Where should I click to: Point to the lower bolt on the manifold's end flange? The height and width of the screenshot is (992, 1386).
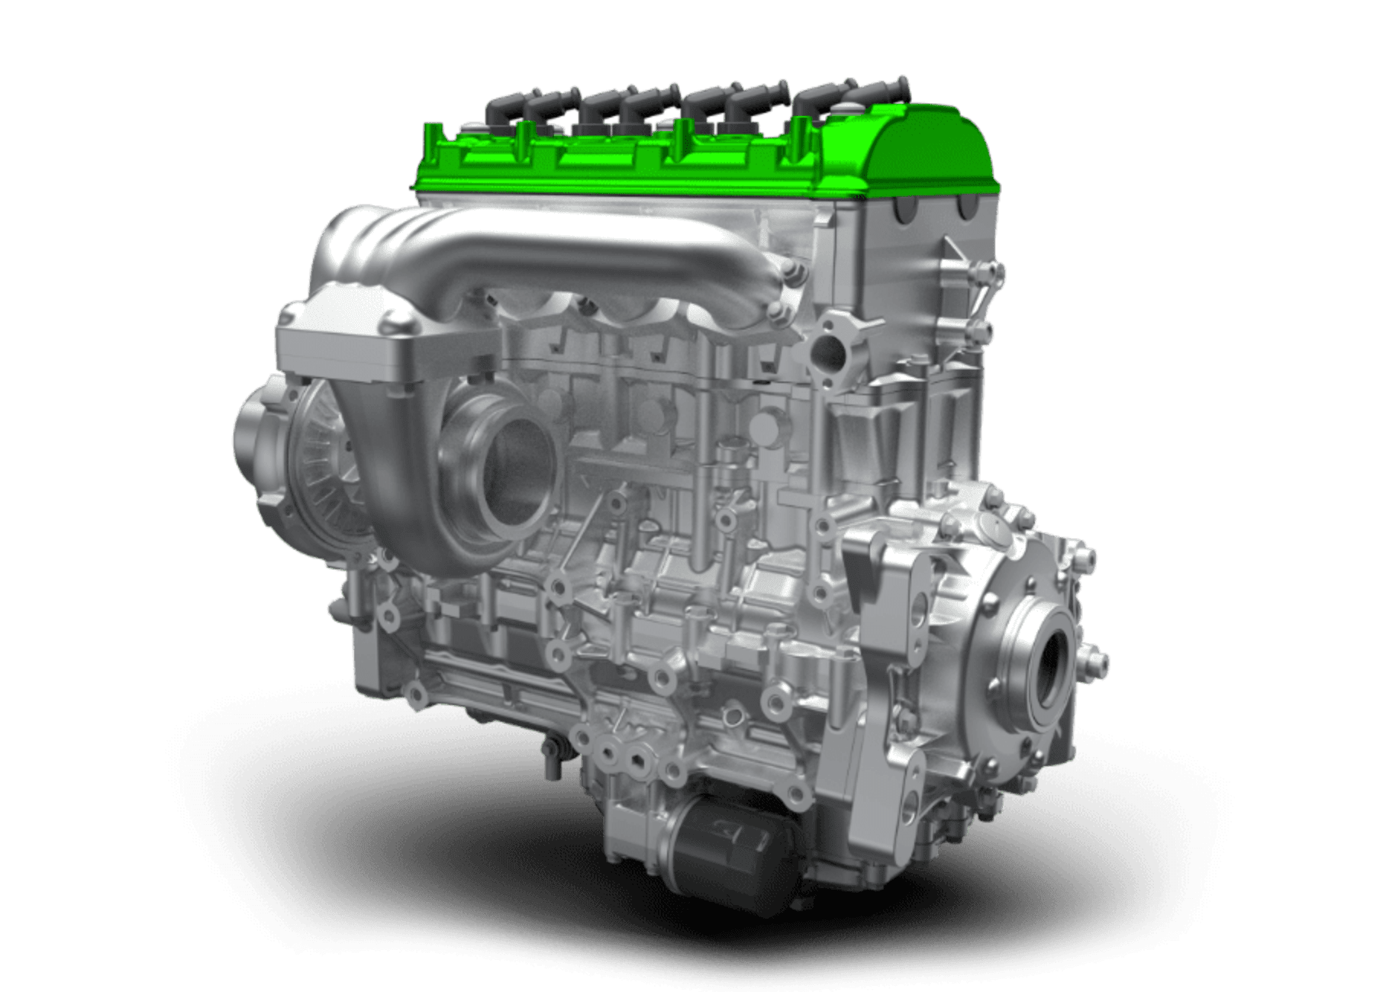[x=778, y=311]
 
